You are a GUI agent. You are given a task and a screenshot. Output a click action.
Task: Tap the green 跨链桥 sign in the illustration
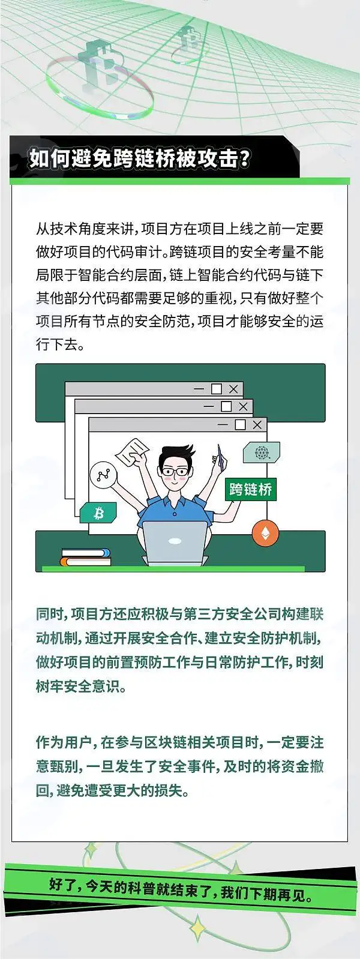click(250, 489)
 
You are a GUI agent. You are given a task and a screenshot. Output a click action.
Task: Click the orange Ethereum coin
click(265, 534)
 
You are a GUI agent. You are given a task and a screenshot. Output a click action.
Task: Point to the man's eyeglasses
click(175, 471)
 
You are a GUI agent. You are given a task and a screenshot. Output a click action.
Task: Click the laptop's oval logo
click(175, 541)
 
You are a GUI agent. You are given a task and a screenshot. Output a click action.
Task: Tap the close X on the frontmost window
click(257, 424)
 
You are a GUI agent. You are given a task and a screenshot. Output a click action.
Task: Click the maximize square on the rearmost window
click(217, 389)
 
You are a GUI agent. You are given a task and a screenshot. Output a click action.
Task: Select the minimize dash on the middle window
click(208, 406)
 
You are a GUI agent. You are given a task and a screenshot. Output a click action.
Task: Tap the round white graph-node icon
click(103, 475)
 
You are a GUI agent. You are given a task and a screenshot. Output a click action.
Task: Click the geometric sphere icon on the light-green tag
click(261, 452)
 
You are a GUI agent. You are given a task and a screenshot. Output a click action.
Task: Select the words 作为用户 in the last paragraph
click(64, 742)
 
